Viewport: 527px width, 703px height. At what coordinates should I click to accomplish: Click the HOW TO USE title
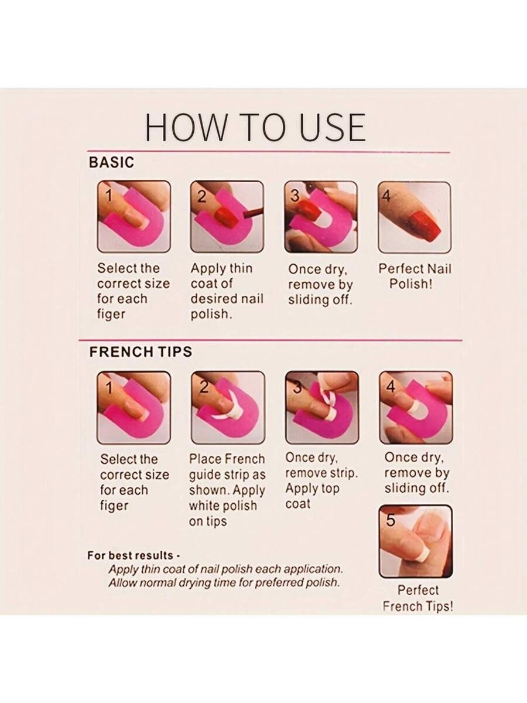[255, 127]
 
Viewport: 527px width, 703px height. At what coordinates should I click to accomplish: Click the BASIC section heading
[111, 162]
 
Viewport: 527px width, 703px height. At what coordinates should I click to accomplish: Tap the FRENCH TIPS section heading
[141, 351]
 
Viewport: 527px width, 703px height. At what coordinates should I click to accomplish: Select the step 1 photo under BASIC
[134, 217]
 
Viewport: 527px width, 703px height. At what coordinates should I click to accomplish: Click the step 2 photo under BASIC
[227, 217]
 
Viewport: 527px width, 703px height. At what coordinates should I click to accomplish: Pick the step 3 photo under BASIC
[321, 217]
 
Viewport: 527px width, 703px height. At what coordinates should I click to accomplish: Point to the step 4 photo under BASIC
[415, 217]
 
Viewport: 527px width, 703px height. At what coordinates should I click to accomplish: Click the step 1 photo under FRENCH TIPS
[134, 407]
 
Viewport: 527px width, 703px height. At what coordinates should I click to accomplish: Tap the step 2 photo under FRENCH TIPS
[228, 407]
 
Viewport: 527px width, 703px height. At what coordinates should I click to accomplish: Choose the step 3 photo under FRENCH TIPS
[322, 407]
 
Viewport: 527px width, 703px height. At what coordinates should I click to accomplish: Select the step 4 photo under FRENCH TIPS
[416, 407]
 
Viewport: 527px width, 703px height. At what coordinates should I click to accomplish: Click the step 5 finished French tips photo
[416, 541]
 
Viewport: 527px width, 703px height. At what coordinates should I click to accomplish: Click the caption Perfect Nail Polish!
[415, 276]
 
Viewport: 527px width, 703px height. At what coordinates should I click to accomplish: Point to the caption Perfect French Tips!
[418, 598]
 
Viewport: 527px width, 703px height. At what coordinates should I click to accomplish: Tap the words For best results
[130, 555]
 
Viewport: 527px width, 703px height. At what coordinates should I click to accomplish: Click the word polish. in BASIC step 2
[211, 314]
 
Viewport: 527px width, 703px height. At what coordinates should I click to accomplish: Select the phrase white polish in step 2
[223, 506]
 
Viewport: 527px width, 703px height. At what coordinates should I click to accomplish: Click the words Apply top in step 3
[312, 489]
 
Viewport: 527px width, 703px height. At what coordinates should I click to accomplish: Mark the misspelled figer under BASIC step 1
[111, 314]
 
